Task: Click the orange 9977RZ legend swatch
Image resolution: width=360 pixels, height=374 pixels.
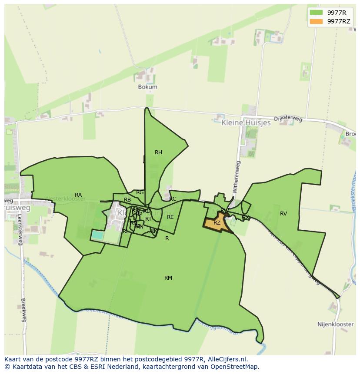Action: pyautogui.click(x=316, y=21)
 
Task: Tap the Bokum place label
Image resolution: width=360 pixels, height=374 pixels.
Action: pyautogui.click(x=147, y=87)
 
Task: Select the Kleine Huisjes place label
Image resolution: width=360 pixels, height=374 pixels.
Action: pyautogui.click(x=246, y=123)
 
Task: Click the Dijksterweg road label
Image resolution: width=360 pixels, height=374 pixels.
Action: pyautogui.click(x=288, y=119)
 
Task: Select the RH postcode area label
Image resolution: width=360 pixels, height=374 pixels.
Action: pyautogui.click(x=158, y=152)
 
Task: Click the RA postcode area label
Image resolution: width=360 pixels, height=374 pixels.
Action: pyautogui.click(x=78, y=195)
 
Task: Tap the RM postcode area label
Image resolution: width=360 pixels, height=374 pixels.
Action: pyautogui.click(x=168, y=278)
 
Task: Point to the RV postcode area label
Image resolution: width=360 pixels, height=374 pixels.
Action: pyautogui.click(x=283, y=214)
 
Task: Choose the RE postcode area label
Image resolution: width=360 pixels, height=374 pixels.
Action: pyautogui.click(x=170, y=217)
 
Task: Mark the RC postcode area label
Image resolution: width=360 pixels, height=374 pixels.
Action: pyautogui.click(x=173, y=199)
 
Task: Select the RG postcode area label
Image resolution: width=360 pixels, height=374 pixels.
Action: pyautogui.click(x=140, y=192)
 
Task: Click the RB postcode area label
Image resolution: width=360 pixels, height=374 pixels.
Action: pyautogui.click(x=127, y=200)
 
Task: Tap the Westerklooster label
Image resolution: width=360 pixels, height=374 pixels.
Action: pyautogui.click(x=65, y=199)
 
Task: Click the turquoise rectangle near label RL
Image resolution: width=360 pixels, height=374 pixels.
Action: pyautogui.click(x=98, y=235)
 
